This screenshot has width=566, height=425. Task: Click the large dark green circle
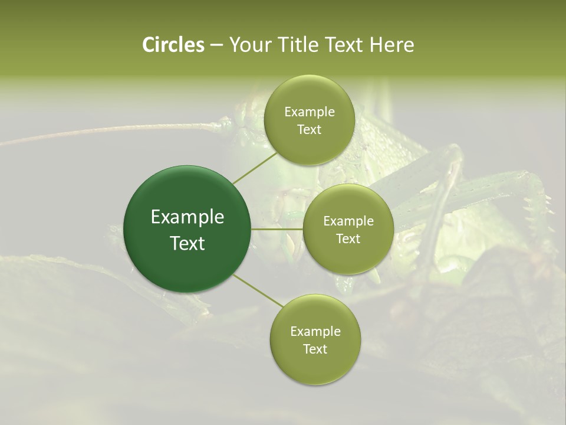pyautogui.click(x=187, y=229)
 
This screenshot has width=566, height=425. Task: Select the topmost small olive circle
pyautogui.click(x=309, y=120)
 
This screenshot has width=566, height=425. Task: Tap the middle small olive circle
pyautogui.click(x=348, y=229)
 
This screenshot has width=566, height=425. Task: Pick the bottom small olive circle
pyautogui.click(x=315, y=339)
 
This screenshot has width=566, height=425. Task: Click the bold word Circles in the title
pyautogui.click(x=173, y=45)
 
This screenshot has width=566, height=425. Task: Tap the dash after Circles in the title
pyautogui.click(x=216, y=45)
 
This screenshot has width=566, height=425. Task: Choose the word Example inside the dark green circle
pyautogui.click(x=187, y=217)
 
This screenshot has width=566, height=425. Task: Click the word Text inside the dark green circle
pyautogui.click(x=187, y=243)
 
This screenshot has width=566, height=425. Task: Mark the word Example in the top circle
pyautogui.click(x=310, y=112)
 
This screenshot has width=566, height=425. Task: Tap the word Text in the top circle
pyautogui.click(x=309, y=130)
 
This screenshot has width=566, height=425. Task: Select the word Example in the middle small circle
pyautogui.click(x=348, y=221)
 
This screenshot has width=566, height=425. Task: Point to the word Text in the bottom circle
pyautogui.click(x=315, y=349)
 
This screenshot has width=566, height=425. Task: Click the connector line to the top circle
pyautogui.click(x=254, y=166)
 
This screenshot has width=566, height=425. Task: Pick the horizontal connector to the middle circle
pyautogui.click(x=277, y=229)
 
